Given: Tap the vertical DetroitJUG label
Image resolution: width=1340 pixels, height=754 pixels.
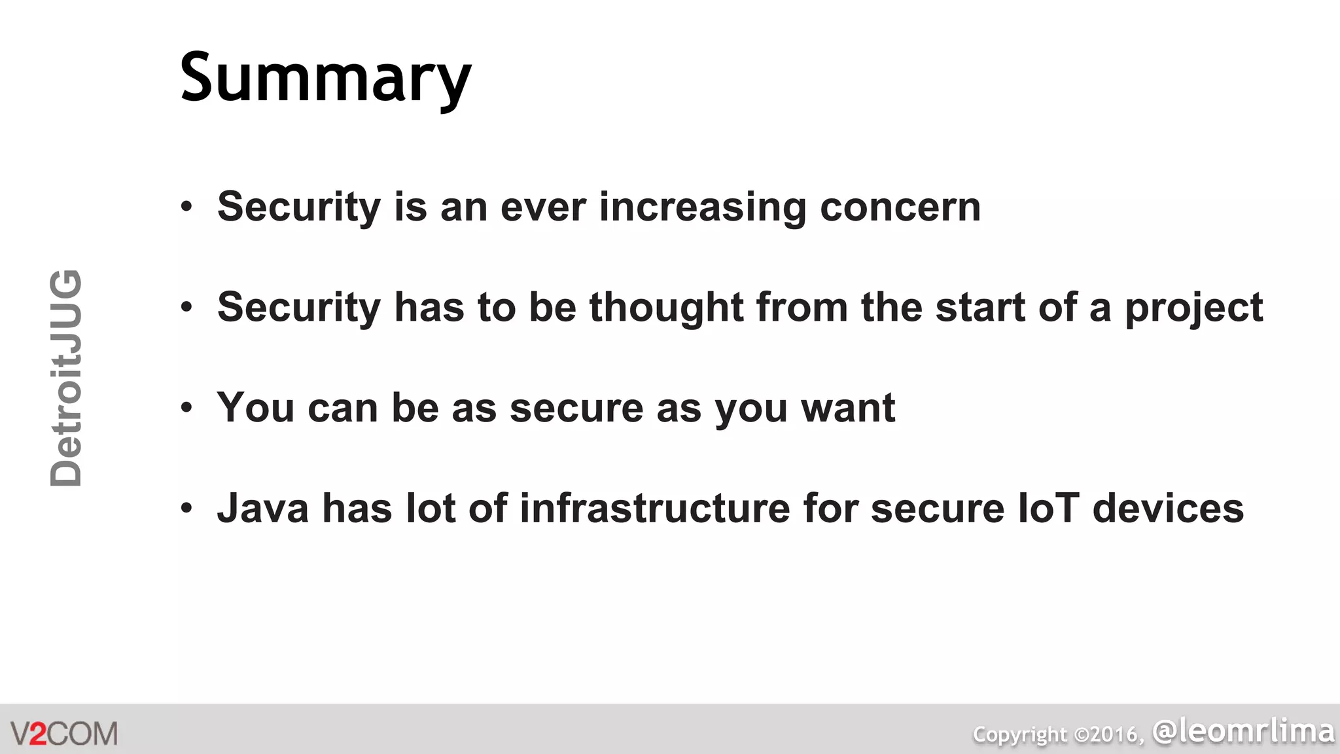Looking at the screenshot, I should [66, 378].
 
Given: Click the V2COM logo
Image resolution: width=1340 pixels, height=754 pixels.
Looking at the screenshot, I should [64, 733].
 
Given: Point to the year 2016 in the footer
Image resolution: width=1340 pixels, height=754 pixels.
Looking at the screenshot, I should [1114, 735].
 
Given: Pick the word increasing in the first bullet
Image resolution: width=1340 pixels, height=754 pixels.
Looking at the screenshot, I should [702, 207].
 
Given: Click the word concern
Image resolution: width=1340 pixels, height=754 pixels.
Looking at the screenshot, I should [900, 207].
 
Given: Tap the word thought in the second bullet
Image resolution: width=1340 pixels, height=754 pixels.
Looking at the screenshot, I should [666, 308].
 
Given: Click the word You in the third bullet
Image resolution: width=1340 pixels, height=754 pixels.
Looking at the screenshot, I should [256, 408].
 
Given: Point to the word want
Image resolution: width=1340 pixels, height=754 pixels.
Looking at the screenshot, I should [849, 408].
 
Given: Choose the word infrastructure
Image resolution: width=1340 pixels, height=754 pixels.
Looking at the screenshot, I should [655, 509].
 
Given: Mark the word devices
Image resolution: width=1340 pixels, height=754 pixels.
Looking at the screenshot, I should [1168, 509].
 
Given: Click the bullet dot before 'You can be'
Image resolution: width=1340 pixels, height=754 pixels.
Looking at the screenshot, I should [187, 408].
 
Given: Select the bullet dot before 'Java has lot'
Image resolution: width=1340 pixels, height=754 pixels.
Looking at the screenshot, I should [187, 509].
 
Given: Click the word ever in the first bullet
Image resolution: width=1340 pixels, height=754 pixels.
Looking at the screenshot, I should [542, 207].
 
